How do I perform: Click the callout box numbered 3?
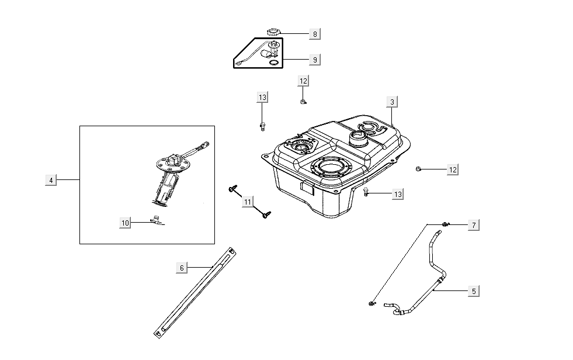[x=393, y=102]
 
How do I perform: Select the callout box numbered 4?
[x=51, y=180]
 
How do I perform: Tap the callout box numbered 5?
[x=474, y=290]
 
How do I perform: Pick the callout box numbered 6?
[x=182, y=268]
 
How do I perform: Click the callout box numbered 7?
[x=474, y=225]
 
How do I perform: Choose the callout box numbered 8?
[x=314, y=34]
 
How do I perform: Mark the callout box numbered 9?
[x=314, y=60]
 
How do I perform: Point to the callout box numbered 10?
[x=124, y=223]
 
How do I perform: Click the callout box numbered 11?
[x=248, y=202]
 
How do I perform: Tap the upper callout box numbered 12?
[x=303, y=81]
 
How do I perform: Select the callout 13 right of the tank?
[x=397, y=194]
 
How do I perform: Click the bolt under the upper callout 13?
[x=262, y=125]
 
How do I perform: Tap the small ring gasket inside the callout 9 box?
[x=273, y=63]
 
